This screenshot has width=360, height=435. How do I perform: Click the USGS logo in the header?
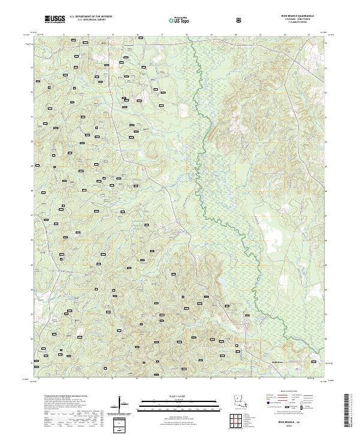pyautogui.click(x=55, y=19)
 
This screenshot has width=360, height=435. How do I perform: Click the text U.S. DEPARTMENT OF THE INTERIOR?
pyautogui.click(x=91, y=17)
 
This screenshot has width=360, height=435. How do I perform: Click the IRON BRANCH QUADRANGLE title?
pyautogui.click(x=296, y=16)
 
